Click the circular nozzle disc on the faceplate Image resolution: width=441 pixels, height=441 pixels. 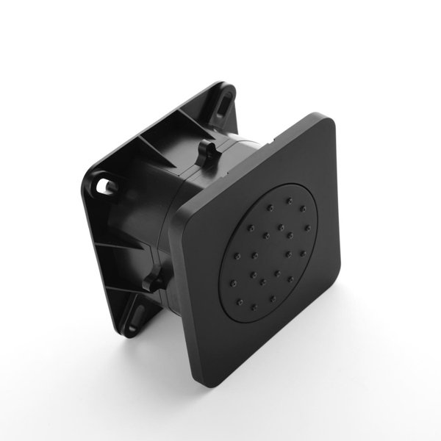point(272,250)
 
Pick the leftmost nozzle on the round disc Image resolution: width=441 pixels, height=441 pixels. point(237,257)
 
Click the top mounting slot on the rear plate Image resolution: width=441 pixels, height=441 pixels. point(221,106)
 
